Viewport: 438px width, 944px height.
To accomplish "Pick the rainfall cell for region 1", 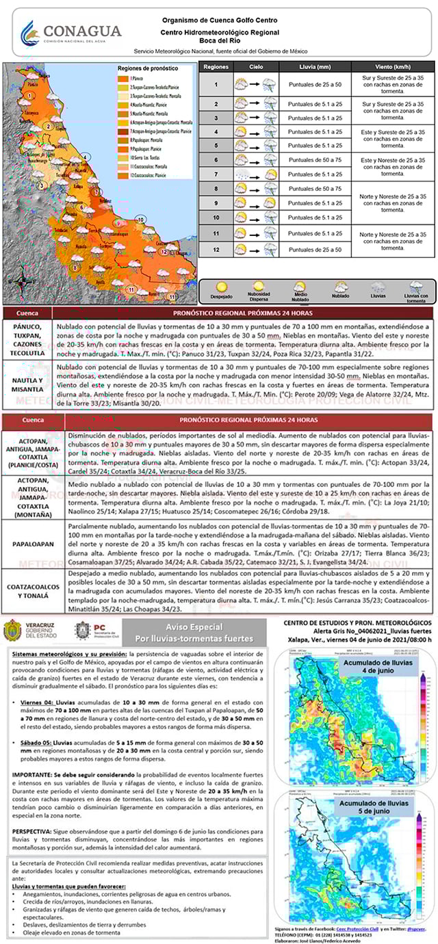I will pyautogui.click(x=315, y=85).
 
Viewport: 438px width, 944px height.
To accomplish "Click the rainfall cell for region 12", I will pyautogui.click(x=315, y=250).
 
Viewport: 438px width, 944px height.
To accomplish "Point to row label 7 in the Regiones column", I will pyautogui.click(x=216, y=175).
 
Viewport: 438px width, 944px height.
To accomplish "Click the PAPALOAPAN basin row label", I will pyautogui.click(x=32, y=545).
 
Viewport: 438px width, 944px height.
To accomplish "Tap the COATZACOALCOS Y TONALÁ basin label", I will pyautogui.click(x=32, y=591).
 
